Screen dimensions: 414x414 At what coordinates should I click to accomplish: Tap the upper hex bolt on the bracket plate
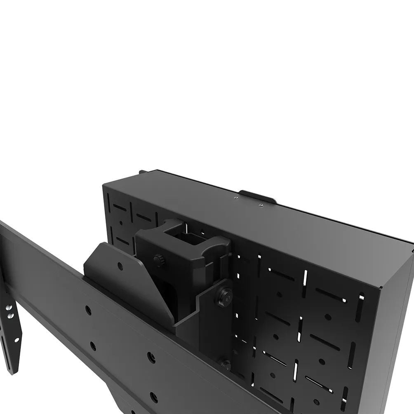[x=223, y=294]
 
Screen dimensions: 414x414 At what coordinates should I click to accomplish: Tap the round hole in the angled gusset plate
[x=120, y=266]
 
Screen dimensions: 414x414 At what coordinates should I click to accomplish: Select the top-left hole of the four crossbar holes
[x=88, y=310]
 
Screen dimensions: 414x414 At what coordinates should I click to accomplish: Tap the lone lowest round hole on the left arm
[x=16, y=341]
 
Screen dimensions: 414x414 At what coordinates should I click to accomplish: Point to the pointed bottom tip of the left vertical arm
[x=14, y=371]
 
